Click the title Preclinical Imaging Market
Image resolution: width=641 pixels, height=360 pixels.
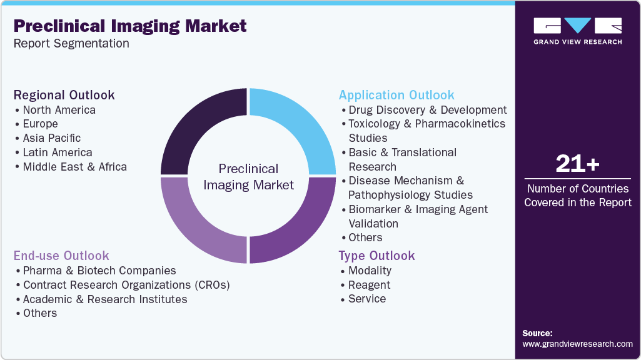tap(130, 26)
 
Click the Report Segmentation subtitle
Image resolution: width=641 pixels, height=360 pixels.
tap(71, 44)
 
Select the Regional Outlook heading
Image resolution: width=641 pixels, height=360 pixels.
tap(64, 95)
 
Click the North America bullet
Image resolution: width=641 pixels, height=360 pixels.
tap(59, 110)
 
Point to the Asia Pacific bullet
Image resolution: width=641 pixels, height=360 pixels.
tap(51, 138)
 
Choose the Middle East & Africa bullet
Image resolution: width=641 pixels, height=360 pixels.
tap(74, 167)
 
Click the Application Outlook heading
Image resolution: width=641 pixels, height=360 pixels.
tap(396, 95)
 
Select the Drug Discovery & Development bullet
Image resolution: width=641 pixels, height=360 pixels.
tap(427, 110)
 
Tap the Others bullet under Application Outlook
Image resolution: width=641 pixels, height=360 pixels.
tap(365, 237)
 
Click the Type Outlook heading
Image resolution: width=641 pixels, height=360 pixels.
tap(376, 256)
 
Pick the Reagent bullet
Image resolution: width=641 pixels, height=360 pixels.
tap(369, 285)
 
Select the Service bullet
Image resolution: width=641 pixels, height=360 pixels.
tap(367, 299)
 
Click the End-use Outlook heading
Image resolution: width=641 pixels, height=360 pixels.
tap(61, 256)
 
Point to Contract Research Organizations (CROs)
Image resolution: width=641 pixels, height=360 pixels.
tap(126, 285)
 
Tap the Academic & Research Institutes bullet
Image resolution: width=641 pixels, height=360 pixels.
tap(104, 299)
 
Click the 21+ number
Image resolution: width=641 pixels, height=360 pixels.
tap(577, 164)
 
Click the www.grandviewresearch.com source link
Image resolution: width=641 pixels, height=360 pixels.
tap(577, 344)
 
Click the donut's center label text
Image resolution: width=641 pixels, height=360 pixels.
tap(248, 177)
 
